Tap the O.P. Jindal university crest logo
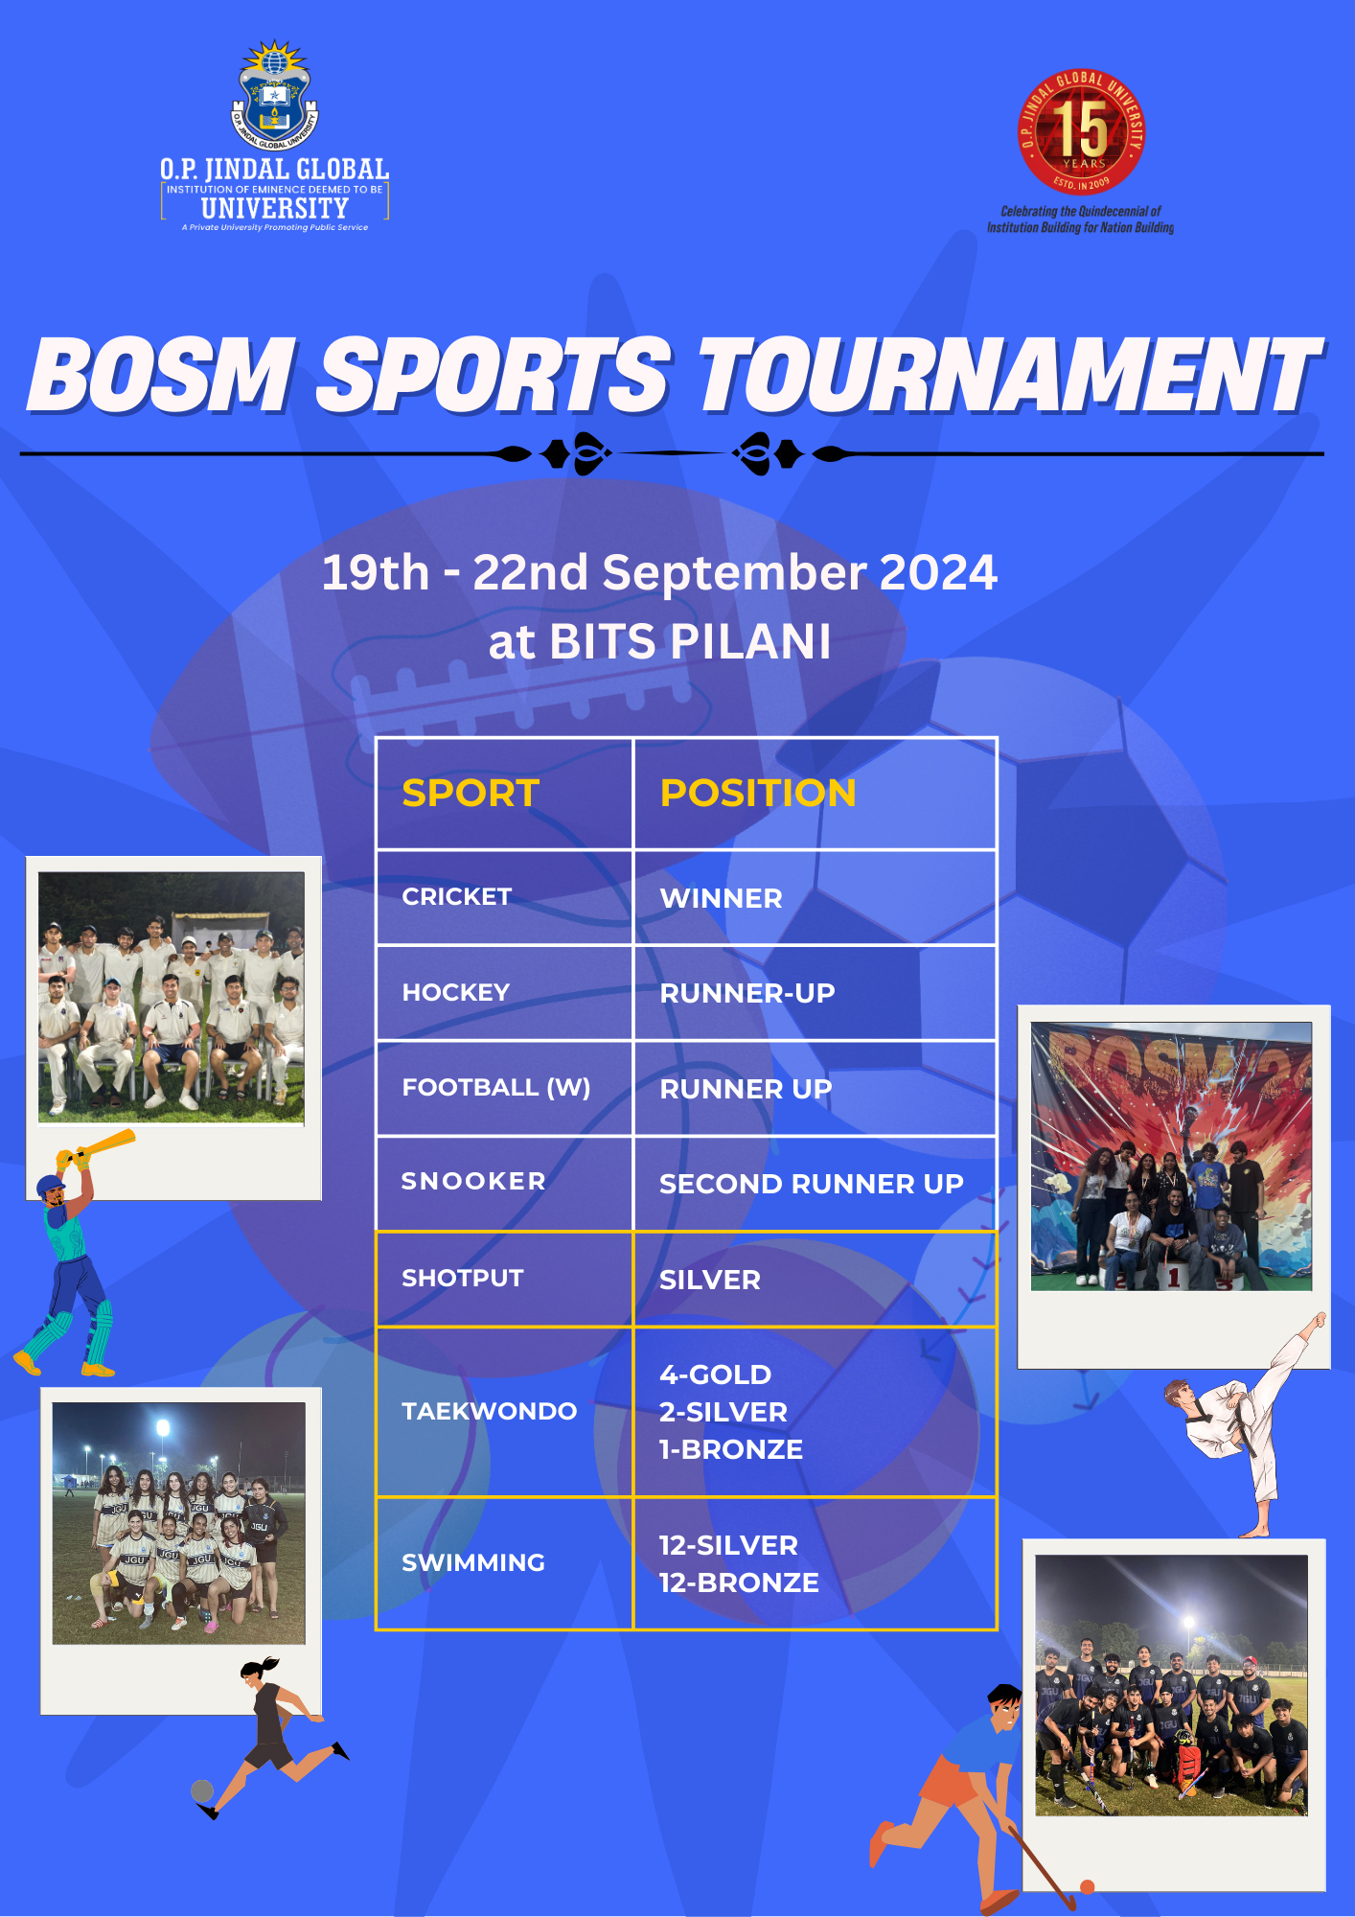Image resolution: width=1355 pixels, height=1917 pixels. click(x=275, y=95)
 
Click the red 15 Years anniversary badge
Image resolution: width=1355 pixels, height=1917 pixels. click(x=1081, y=132)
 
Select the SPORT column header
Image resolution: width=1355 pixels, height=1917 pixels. click(x=471, y=794)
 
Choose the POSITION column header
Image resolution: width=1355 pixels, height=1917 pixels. click(x=757, y=794)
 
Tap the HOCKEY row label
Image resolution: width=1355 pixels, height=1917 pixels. click(x=456, y=992)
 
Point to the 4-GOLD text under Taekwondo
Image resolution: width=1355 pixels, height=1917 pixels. click(x=715, y=1374)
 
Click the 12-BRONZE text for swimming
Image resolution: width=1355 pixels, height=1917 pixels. click(x=739, y=1582)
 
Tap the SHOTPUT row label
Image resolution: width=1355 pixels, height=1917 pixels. click(x=463, y=1278)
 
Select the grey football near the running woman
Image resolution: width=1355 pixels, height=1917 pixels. click(x=202, y=1790)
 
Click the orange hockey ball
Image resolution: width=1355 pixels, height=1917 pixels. click(x=1087, y=1886)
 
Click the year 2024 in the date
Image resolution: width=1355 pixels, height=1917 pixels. click(x=938, y=572)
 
